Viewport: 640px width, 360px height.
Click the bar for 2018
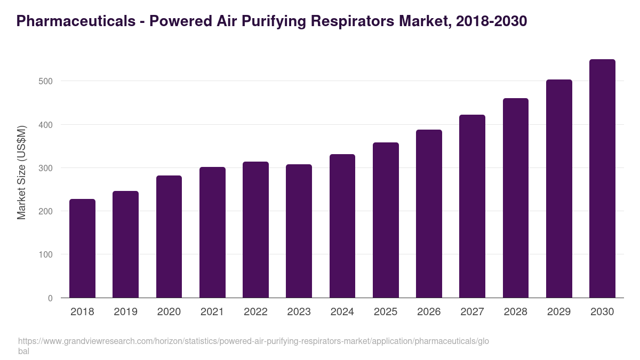(82, 249)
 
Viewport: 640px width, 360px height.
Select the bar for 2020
(169, 237)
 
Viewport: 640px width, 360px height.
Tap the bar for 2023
(299, 231)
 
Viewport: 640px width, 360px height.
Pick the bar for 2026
(429, 214)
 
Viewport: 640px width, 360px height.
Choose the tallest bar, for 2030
(602, 179)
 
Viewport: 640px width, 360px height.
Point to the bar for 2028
(516, 198)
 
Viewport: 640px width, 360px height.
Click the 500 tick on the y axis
(46, 81)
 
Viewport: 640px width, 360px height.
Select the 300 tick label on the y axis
(46, 168)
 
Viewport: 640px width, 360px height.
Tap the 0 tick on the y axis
(50, 298)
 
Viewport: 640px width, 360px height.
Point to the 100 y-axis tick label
(46, 255)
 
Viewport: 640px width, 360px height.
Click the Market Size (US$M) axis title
(21, 172)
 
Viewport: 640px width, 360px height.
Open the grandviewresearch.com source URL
(253, 341)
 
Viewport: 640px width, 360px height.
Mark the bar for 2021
(212, 233)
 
